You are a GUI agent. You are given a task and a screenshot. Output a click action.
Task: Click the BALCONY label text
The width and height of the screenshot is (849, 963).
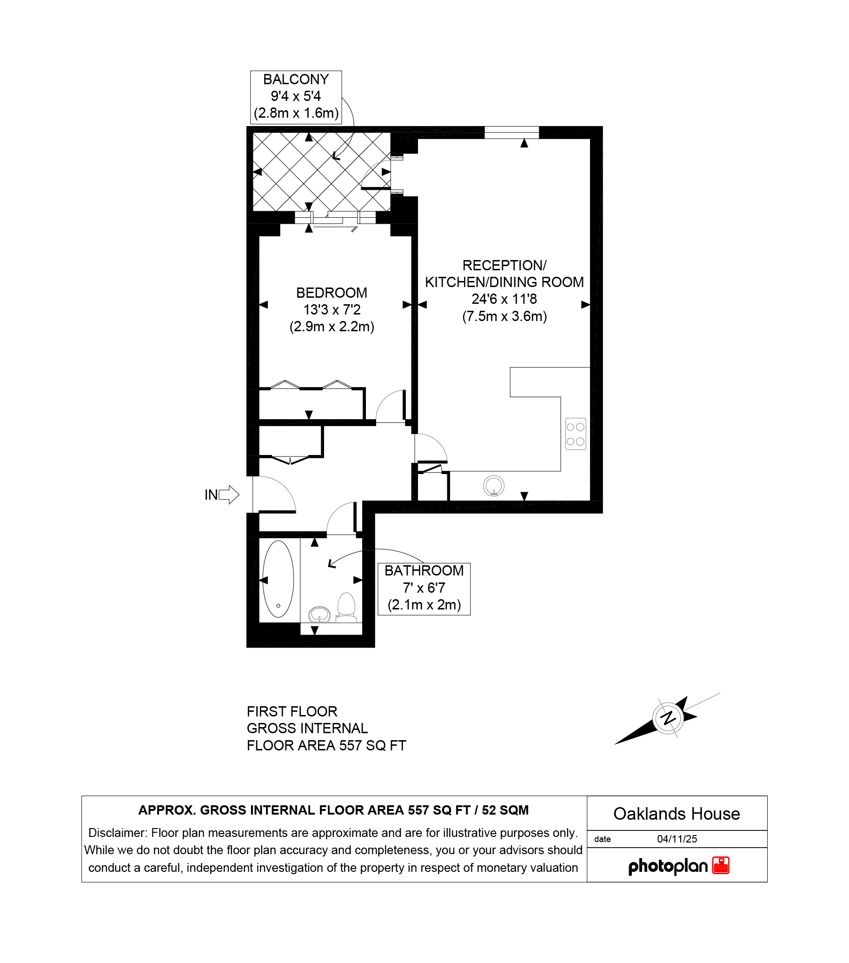point(296,79)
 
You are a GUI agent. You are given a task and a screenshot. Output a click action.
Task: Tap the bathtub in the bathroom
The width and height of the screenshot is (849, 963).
point(278,579)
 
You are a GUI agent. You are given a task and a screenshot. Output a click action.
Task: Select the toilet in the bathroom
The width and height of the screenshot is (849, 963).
point(346,607)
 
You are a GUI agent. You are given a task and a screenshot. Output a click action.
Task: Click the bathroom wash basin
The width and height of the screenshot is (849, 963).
point(319,615)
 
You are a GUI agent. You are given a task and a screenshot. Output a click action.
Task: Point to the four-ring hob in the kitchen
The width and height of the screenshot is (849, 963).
point(576,434)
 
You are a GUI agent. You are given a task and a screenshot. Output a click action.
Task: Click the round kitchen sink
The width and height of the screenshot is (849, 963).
point(493,486)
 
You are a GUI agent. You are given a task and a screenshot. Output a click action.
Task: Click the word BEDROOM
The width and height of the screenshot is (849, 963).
point(332,293)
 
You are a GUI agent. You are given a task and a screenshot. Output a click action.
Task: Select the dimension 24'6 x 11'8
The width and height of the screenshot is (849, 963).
point(504,299)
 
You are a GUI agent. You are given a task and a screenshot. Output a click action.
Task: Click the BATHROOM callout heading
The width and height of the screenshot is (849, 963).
point(424,570)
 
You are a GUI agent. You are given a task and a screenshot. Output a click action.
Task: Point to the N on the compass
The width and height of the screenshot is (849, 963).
point(668,718)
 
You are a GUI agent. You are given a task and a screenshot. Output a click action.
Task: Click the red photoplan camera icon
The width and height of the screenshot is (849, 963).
point(721,865)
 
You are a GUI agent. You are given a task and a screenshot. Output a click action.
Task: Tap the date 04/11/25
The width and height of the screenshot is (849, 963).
point(677,839)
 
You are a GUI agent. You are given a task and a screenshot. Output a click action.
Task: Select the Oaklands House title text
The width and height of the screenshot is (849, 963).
point(677,814)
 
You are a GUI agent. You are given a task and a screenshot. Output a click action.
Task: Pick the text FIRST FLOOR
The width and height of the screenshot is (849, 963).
point(292,711)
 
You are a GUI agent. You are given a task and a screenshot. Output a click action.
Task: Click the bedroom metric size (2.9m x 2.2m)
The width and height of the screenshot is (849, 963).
point(332,327)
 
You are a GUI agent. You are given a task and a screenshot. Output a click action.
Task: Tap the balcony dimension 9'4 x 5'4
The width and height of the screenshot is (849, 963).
point(296,96)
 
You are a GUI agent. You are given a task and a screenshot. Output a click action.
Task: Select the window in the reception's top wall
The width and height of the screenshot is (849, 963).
point(511,133)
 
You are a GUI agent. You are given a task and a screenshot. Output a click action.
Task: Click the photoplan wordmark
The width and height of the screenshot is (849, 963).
point(668,866)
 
